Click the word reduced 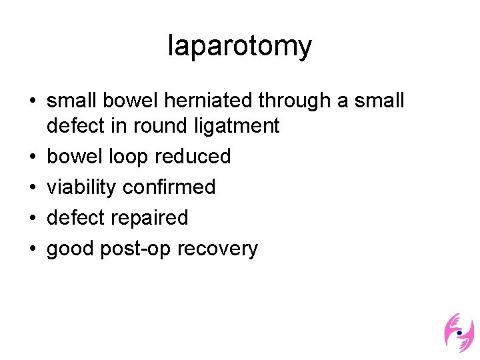click(x=193, y=157)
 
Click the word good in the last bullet click(x=71, y=249)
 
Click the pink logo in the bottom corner click(x=459, y=333)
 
